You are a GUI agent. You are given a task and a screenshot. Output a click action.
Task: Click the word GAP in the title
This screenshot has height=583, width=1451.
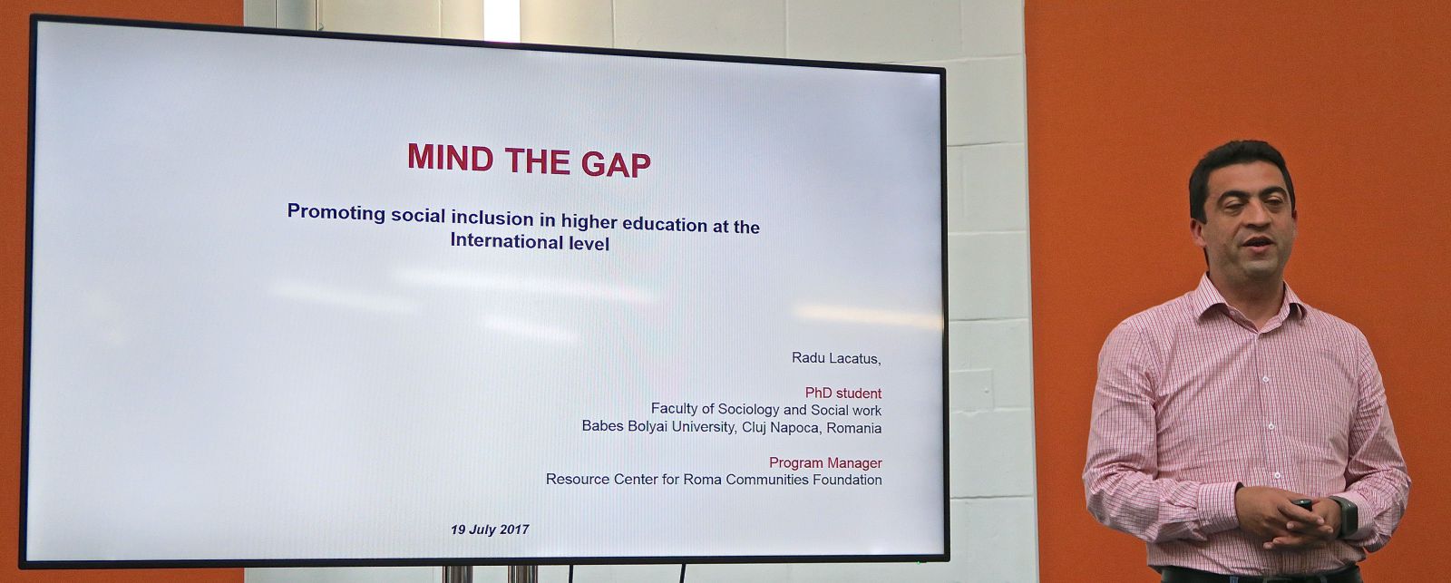coord(616,163)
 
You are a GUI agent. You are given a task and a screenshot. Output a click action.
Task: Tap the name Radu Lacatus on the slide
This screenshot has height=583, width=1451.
coord(835,358)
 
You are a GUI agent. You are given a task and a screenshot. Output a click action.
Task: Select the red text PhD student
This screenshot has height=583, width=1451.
coord(842,394)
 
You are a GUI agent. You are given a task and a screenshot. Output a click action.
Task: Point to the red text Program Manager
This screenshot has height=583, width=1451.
coord(825,462)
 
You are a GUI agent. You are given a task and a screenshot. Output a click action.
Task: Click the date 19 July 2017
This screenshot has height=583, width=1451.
coord(490,530)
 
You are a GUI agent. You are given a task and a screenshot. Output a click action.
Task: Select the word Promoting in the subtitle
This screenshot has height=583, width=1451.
coord(336,212)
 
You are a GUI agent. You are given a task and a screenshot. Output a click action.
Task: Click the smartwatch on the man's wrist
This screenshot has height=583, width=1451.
coord(1346,516)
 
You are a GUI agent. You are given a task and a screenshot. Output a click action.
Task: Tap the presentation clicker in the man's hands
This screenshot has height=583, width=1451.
coord(1302,503)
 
